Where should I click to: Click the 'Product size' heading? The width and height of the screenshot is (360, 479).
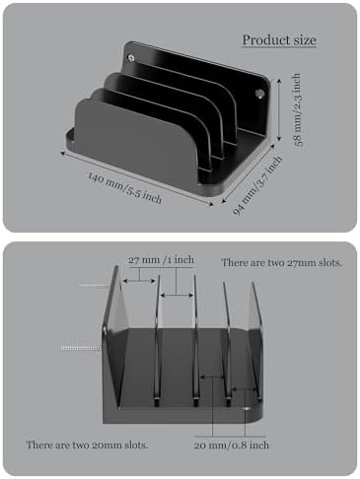pyautogui.click(x=279, y=40)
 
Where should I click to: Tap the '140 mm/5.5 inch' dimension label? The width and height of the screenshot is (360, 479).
pyautogui.click(x=125, y=188)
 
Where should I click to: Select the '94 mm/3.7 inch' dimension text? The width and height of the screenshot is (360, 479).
pyautogui.click(x=257, y=185)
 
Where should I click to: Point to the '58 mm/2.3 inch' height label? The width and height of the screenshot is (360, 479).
pyautogui.click(x=297, y=109)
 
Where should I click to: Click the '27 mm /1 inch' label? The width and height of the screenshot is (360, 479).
pyautogui.click(x=161, y=260)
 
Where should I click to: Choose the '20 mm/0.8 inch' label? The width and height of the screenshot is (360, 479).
pyautogui.click(x=231, y=445)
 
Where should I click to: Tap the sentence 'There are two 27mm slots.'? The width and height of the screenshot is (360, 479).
pyautogui.click(x=281, y=262)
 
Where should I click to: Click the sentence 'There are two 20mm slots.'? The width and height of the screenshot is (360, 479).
pyautogui.click(x=87, y=445)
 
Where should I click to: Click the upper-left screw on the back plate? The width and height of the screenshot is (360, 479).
pyautogui.click(x=131, y=58)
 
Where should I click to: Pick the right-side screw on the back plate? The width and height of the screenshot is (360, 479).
pyautogui.click(x=259, y=94)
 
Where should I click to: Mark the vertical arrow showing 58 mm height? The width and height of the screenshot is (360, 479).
pyautogui.click(x=279, y=109)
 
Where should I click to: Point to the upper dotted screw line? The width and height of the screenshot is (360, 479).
pyautogui.click(x=94, y=285)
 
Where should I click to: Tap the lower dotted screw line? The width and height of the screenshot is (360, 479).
pyautogui.click(x=80, y=348)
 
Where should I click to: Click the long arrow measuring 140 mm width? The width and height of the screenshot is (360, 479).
pyautogui.click(x=137, y=178)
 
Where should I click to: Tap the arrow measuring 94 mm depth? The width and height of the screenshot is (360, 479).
pyautogui.click(x=249, y=174)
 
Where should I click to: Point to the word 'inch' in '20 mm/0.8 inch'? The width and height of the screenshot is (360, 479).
pyautogui.click(x=259, y=445)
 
